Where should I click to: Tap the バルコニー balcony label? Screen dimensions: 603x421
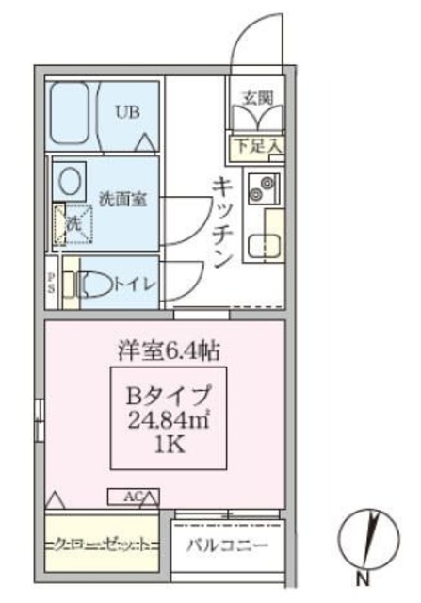pos(227,546)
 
